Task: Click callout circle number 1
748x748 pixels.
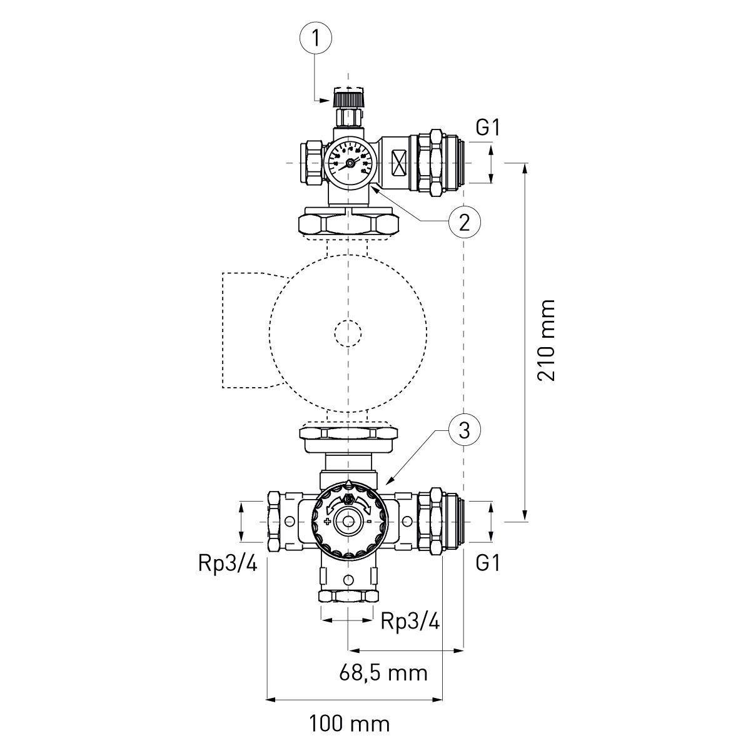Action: click(316, 39)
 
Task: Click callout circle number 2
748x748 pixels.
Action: click(463, 221)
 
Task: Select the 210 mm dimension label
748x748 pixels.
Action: click(547, 340)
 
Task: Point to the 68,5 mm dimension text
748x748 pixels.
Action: click(383, 673)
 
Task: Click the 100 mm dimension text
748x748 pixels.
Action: click(349, 724)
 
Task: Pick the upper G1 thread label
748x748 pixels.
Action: click(488, 128)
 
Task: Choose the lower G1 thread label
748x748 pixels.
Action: click(488, 564)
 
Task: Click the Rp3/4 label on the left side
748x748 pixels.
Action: click(227, 564)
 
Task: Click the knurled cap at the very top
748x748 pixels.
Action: click(348, 98)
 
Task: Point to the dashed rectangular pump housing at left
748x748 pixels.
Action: click(246, 330)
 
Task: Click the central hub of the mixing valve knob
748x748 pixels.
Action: click(348, 520)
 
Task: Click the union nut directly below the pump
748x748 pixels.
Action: click(348, 433)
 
